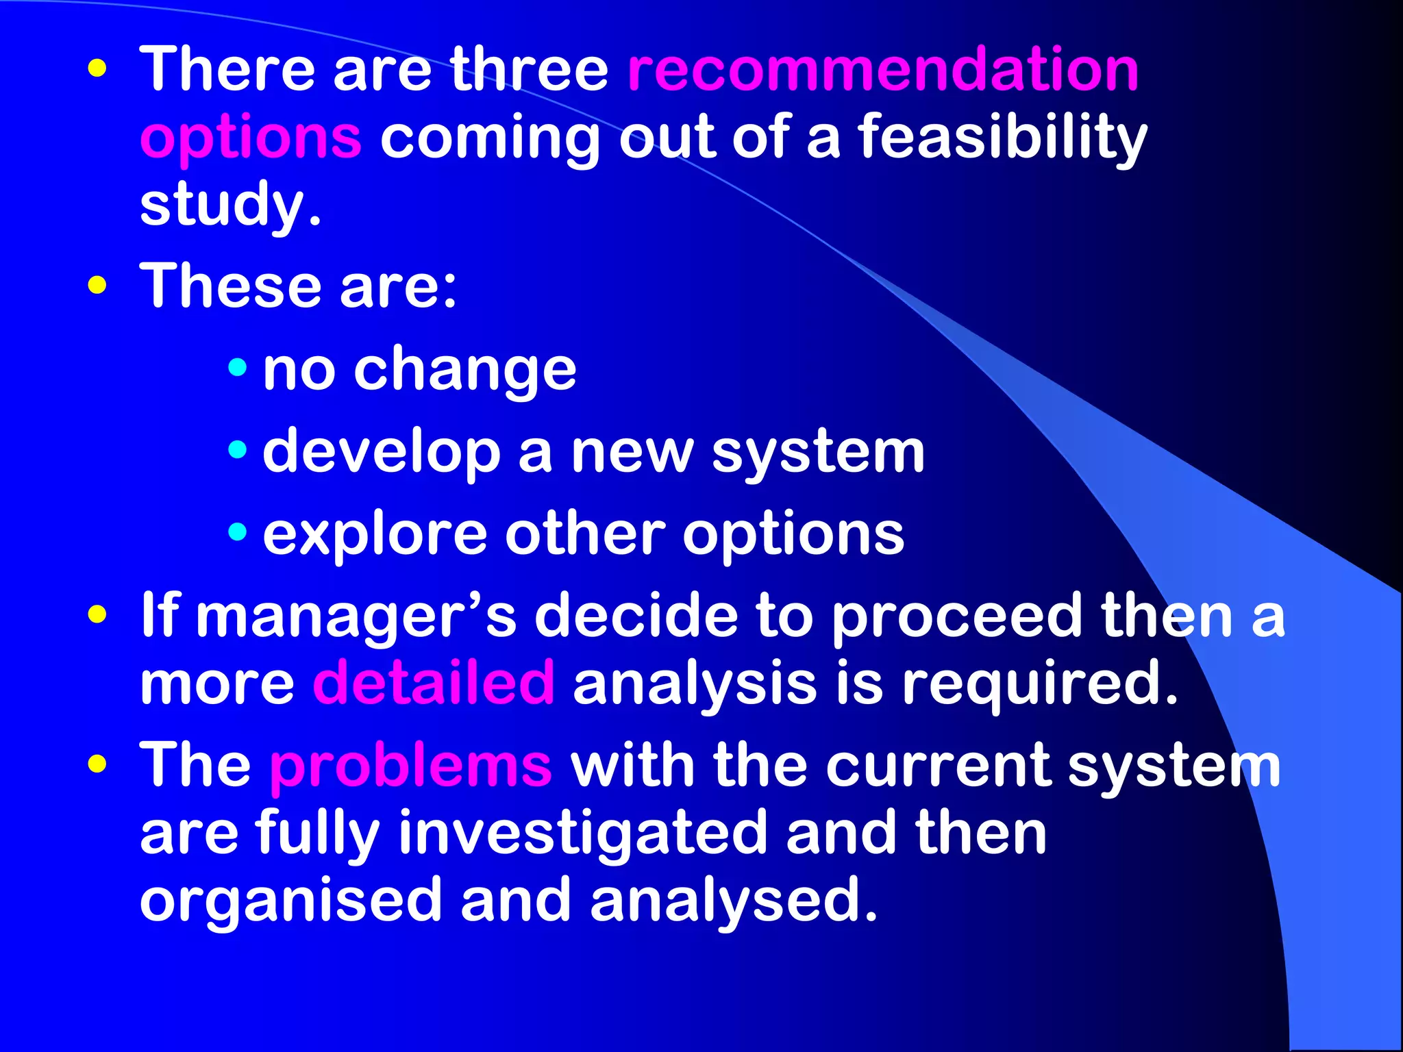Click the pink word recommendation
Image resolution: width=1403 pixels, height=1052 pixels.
(883, 70)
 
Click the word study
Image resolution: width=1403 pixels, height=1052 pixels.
(230, 205)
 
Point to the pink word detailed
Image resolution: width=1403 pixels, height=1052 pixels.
(434, 683)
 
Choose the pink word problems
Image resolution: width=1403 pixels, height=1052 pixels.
(410, 765)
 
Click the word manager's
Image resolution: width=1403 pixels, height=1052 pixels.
(356, 616)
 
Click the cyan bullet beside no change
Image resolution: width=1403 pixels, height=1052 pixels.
(238, 367)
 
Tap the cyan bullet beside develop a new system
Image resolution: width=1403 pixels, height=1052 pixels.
(238, 449)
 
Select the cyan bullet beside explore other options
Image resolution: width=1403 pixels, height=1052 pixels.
(238, 531)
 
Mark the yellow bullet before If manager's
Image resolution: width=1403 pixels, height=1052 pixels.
(98, 614)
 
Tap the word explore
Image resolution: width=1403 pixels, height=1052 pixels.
(375, 535)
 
